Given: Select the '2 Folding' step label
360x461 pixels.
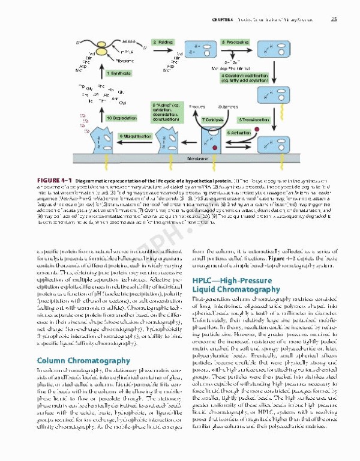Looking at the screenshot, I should click(x=163, y=42).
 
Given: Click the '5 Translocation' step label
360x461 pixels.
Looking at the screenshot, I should click(x=253, y=119).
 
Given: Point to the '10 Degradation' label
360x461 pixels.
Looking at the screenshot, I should click(x=122, y=118).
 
